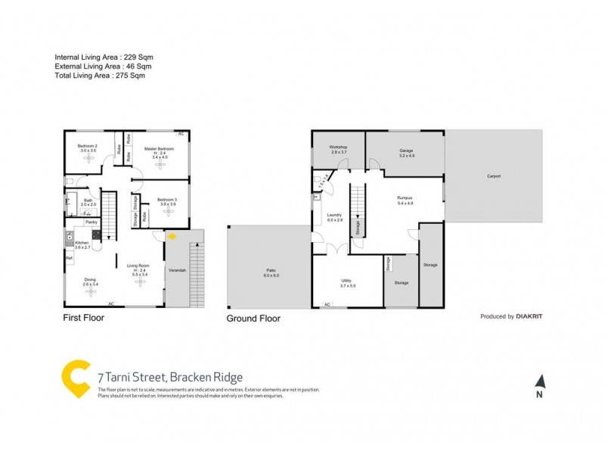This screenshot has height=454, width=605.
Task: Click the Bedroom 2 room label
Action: coord(88,146)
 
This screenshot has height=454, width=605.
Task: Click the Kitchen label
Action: coord(82,243)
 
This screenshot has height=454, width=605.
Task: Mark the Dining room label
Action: coord(90,281)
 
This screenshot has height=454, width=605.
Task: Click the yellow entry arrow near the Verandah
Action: coord(172,236)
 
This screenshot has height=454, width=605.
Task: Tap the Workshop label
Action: coord(337,147)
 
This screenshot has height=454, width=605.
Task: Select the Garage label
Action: coord(406,151)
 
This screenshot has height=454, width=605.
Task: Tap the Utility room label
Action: coord(347,281)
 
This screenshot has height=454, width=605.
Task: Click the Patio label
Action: coord(271,271)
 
